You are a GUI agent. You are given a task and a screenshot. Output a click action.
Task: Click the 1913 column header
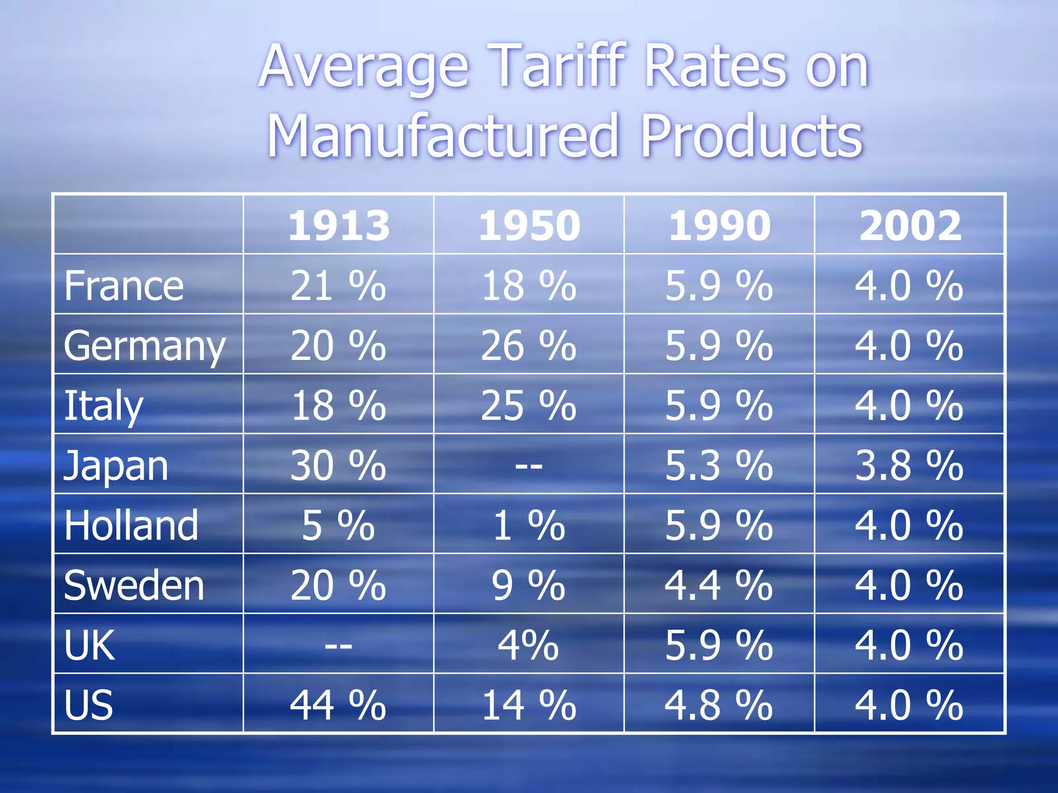338,226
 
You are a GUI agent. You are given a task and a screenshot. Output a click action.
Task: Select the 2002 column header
910,226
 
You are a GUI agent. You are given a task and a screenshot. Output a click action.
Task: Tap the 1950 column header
529,226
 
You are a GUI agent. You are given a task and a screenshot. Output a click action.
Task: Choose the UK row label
89,645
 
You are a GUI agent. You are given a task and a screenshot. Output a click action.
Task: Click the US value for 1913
338,705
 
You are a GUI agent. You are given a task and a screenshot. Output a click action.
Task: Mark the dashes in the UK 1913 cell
338,646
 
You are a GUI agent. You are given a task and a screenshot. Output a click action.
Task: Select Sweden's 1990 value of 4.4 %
719,585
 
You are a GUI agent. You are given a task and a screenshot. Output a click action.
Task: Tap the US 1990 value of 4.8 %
719,705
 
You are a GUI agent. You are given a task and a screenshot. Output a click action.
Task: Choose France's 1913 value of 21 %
338,286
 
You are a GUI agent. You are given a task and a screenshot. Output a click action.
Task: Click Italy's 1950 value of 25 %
528,406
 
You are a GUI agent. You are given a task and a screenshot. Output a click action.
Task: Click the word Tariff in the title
560,67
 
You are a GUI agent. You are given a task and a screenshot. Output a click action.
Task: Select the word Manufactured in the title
443,137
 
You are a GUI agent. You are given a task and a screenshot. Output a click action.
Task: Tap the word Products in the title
751,137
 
